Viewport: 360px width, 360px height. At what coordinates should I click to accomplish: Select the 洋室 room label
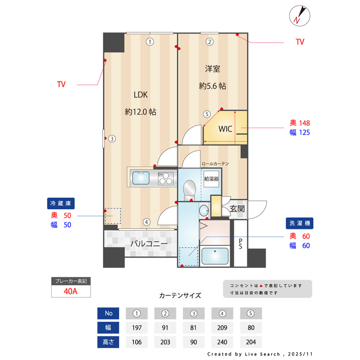212,69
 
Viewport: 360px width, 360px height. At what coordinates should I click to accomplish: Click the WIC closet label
226,129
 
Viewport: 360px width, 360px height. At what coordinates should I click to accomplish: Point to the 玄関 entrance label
237,209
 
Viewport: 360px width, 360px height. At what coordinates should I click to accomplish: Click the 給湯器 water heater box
211,179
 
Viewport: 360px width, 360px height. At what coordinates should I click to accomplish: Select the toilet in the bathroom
190,188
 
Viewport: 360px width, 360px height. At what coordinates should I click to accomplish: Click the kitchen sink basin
141,179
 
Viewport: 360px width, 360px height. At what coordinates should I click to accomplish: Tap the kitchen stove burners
166,179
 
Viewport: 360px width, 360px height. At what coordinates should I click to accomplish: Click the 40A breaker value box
70,291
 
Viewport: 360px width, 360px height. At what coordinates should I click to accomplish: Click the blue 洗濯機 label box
299,222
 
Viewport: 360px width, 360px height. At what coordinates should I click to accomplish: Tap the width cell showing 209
223,327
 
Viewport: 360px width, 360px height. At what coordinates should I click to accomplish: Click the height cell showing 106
136,342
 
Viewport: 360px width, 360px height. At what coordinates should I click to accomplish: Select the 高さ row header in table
108,342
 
